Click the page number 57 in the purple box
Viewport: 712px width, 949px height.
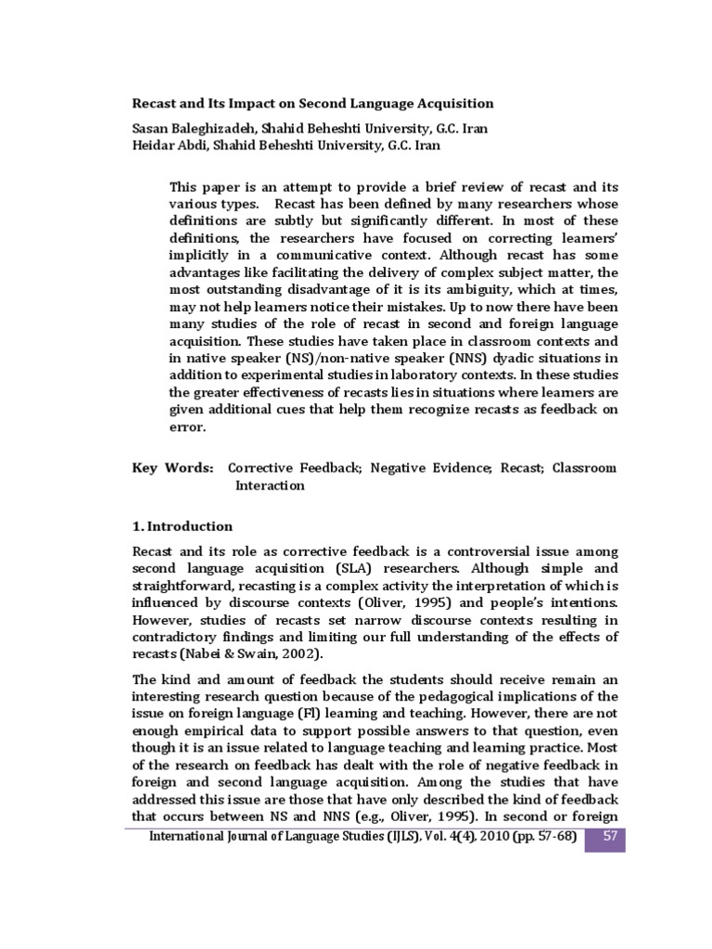610,838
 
